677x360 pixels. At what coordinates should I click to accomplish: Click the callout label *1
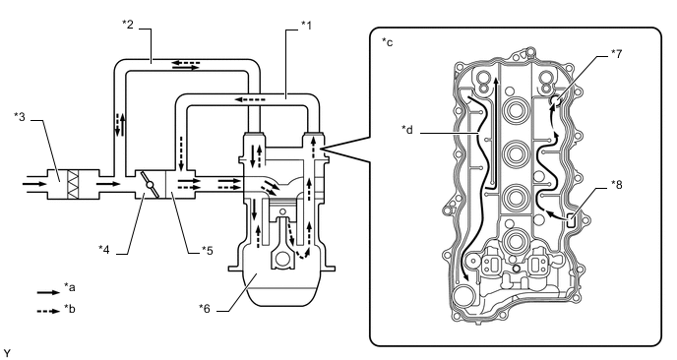306,26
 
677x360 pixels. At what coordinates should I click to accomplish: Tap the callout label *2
127,24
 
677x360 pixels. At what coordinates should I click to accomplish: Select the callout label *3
20,116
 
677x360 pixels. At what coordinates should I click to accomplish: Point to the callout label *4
103,249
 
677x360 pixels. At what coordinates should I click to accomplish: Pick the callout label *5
208,250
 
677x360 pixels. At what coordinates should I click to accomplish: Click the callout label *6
205,308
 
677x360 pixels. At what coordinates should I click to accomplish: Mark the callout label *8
617,185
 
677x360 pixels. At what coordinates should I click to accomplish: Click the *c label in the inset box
388,42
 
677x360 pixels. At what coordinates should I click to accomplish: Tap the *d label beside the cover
407,129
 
